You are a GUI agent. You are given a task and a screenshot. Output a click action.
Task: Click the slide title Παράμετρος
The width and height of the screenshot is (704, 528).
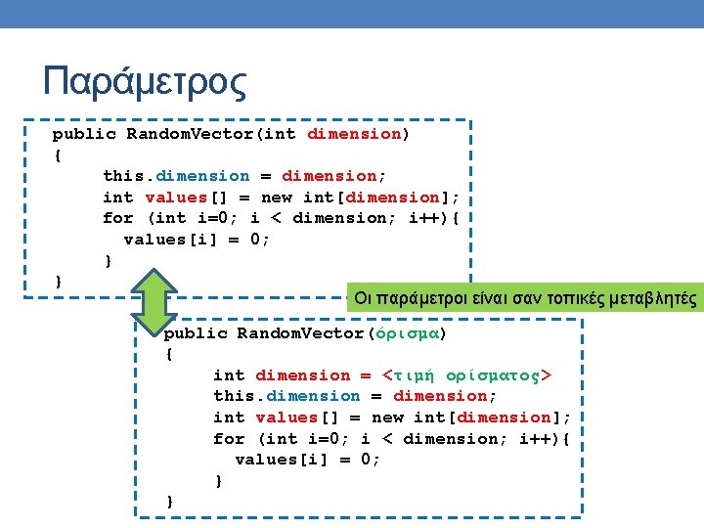point(145,82)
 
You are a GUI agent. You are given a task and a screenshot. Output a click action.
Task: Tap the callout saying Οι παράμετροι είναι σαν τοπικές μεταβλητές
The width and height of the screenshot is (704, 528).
point(525,298)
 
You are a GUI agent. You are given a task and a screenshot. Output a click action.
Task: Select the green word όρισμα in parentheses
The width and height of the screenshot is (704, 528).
point(407,333)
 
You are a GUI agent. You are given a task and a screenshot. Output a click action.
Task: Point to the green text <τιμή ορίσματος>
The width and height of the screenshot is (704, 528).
point(467,375)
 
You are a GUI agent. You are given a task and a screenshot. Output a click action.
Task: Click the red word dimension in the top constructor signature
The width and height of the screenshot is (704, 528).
point(354,134)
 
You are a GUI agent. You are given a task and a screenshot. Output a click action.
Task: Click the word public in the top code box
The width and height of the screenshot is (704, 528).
point(83,134)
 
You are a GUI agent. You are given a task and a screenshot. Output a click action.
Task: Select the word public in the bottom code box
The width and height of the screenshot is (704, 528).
point(195,333)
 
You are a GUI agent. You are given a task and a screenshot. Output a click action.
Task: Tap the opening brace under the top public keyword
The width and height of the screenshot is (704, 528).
point(58,154)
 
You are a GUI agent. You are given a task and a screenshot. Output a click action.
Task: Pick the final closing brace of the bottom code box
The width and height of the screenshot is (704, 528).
point(170,502)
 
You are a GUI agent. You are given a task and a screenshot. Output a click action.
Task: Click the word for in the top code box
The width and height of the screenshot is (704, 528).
point(118,218)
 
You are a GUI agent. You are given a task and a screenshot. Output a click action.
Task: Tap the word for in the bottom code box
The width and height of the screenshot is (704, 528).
point(229,439)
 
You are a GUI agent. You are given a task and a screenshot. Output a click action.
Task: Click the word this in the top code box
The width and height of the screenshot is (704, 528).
point(123,176)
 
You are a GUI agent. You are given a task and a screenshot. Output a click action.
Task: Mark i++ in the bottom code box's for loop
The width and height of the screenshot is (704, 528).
point(535,439)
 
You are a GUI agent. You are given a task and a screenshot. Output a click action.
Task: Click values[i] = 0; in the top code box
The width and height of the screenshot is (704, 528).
point(197,240)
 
